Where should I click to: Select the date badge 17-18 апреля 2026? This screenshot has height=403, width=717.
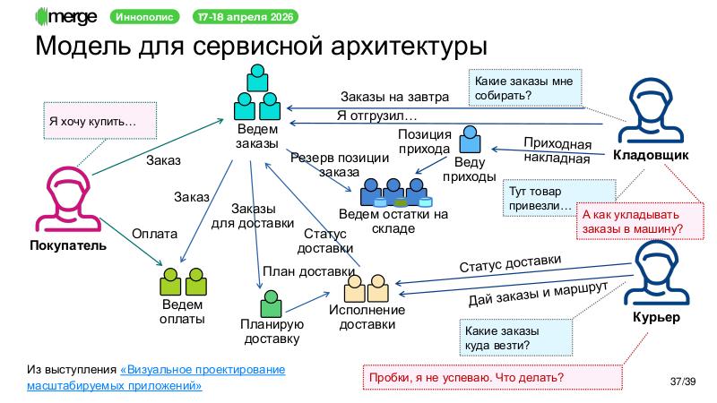[x=247, y=17]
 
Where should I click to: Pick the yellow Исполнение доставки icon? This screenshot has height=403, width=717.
[x=367, y=287]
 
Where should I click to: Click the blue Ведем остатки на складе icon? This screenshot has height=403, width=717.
[x=393, y=192]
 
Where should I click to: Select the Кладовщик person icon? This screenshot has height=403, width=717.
[x=650, y=112]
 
